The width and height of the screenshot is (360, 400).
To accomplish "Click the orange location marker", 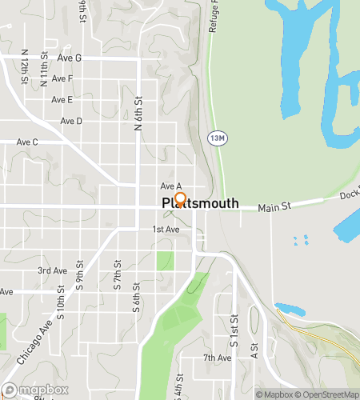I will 180,199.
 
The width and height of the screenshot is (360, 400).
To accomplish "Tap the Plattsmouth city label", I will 200,204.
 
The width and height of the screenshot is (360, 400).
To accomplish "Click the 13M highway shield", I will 214,138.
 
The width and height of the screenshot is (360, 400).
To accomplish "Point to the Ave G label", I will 67,58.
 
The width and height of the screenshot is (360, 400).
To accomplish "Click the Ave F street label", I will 62,78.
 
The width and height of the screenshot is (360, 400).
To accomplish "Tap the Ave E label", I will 62,100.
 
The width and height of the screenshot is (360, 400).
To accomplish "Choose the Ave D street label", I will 71,121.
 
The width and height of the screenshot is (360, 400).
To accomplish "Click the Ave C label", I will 27,142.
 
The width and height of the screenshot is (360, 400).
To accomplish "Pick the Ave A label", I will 171,186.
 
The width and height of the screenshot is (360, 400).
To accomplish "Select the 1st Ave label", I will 166,230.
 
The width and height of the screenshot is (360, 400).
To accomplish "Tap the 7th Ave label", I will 217,358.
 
